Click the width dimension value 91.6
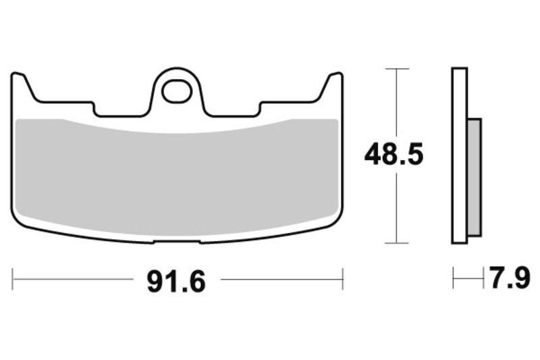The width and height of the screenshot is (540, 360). pos(175,280)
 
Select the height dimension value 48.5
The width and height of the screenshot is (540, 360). pos(394,155)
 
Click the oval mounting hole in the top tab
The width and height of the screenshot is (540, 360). pos(177,91)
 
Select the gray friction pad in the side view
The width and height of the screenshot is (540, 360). pos(475,177)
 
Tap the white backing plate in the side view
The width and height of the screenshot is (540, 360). pos(460,155)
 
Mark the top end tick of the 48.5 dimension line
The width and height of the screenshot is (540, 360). pos(397,69)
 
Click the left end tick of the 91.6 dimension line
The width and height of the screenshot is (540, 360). pos(13,279)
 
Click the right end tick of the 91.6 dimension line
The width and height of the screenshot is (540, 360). pos(343,279)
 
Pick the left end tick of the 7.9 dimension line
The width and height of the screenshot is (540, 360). pos(454,278)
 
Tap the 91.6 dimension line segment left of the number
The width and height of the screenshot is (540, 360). pos(74,279)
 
